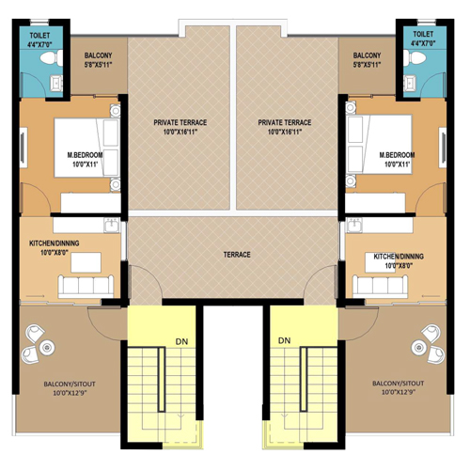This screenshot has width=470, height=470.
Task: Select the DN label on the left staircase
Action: [x=181, y=341]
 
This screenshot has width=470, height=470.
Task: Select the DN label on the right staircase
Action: [x=284, y=340]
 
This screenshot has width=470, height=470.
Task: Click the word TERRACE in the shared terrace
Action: [x=237, y=255]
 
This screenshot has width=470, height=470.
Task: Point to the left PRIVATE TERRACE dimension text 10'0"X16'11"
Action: [x=180, y=132]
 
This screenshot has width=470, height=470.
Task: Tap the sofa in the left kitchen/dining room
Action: [x=86, y=287]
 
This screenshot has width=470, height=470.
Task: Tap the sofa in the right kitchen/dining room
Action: [x=381, y=287]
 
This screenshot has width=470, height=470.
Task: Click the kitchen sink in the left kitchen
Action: [x=111, y=226]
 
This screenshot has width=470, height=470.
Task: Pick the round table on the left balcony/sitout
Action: [x=47, y=347]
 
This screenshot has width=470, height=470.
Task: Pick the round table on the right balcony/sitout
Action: [x=419, y=347]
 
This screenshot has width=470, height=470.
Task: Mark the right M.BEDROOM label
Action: [x=397, y=155]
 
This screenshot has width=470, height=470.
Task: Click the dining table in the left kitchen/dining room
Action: [x=86, y=262]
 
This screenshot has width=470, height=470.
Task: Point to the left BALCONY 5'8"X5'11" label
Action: [x=98, y=60]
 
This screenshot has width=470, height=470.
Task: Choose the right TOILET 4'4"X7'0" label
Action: [x=423, y=39]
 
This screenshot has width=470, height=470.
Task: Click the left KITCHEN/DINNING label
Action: [x=55, y=243]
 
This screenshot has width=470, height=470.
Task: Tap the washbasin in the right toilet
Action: [x=410, y=83]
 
